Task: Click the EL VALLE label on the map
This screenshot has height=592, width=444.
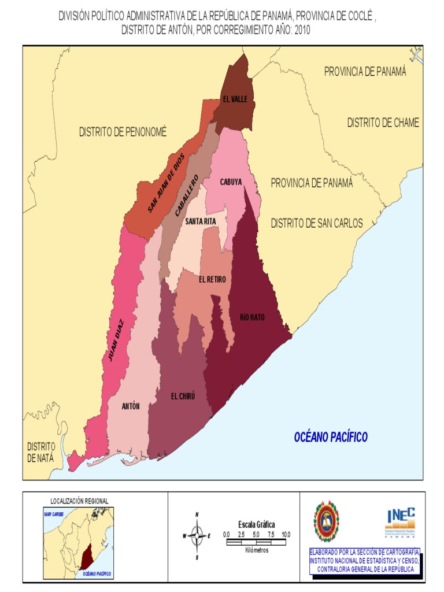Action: pos(235,99)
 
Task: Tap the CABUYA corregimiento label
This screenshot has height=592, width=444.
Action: pos(231,182)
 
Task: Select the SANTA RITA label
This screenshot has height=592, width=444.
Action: pos(201,221)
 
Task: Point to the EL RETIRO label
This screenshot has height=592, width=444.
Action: pos(212,279)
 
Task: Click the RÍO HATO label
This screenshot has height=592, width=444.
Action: pos(252,317)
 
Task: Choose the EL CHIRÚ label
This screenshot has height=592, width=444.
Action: pos(183,396)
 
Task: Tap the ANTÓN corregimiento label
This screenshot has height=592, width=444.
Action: pos(131,406)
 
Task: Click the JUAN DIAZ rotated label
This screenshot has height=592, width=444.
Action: pos(117,341)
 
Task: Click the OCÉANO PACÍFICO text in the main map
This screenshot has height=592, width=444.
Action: pos(331,437)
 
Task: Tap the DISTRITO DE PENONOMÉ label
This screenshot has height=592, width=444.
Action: pos(123,132)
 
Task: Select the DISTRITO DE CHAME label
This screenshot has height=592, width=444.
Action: pos(383,123)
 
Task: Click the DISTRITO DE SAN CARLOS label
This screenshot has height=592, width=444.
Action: pos(317,223)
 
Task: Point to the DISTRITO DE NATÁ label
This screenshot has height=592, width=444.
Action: pos(40,452)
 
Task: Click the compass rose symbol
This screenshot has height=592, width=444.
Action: pos(197,535)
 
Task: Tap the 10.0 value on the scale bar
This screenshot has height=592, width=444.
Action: pos(286,534)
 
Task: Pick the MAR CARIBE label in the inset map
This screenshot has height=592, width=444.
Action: pos(53,513)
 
